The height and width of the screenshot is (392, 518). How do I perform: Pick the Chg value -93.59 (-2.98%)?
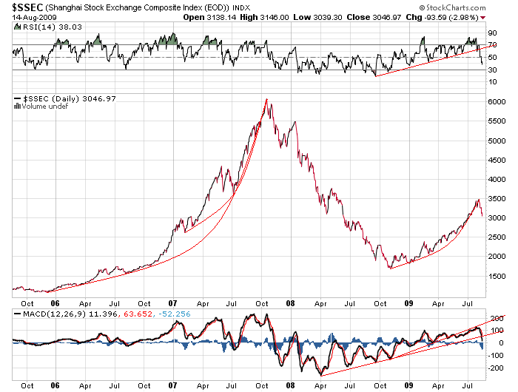click(464, 17)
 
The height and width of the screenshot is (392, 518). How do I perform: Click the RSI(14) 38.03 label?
click(42, 27)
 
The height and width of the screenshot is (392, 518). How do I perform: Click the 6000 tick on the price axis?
click(498, 103)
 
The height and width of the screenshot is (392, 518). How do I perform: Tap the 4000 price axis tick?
click(498, 180)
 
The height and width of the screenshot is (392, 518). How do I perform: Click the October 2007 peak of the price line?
click(266, 99)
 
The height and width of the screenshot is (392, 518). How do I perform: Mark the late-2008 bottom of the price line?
click(389, 267)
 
